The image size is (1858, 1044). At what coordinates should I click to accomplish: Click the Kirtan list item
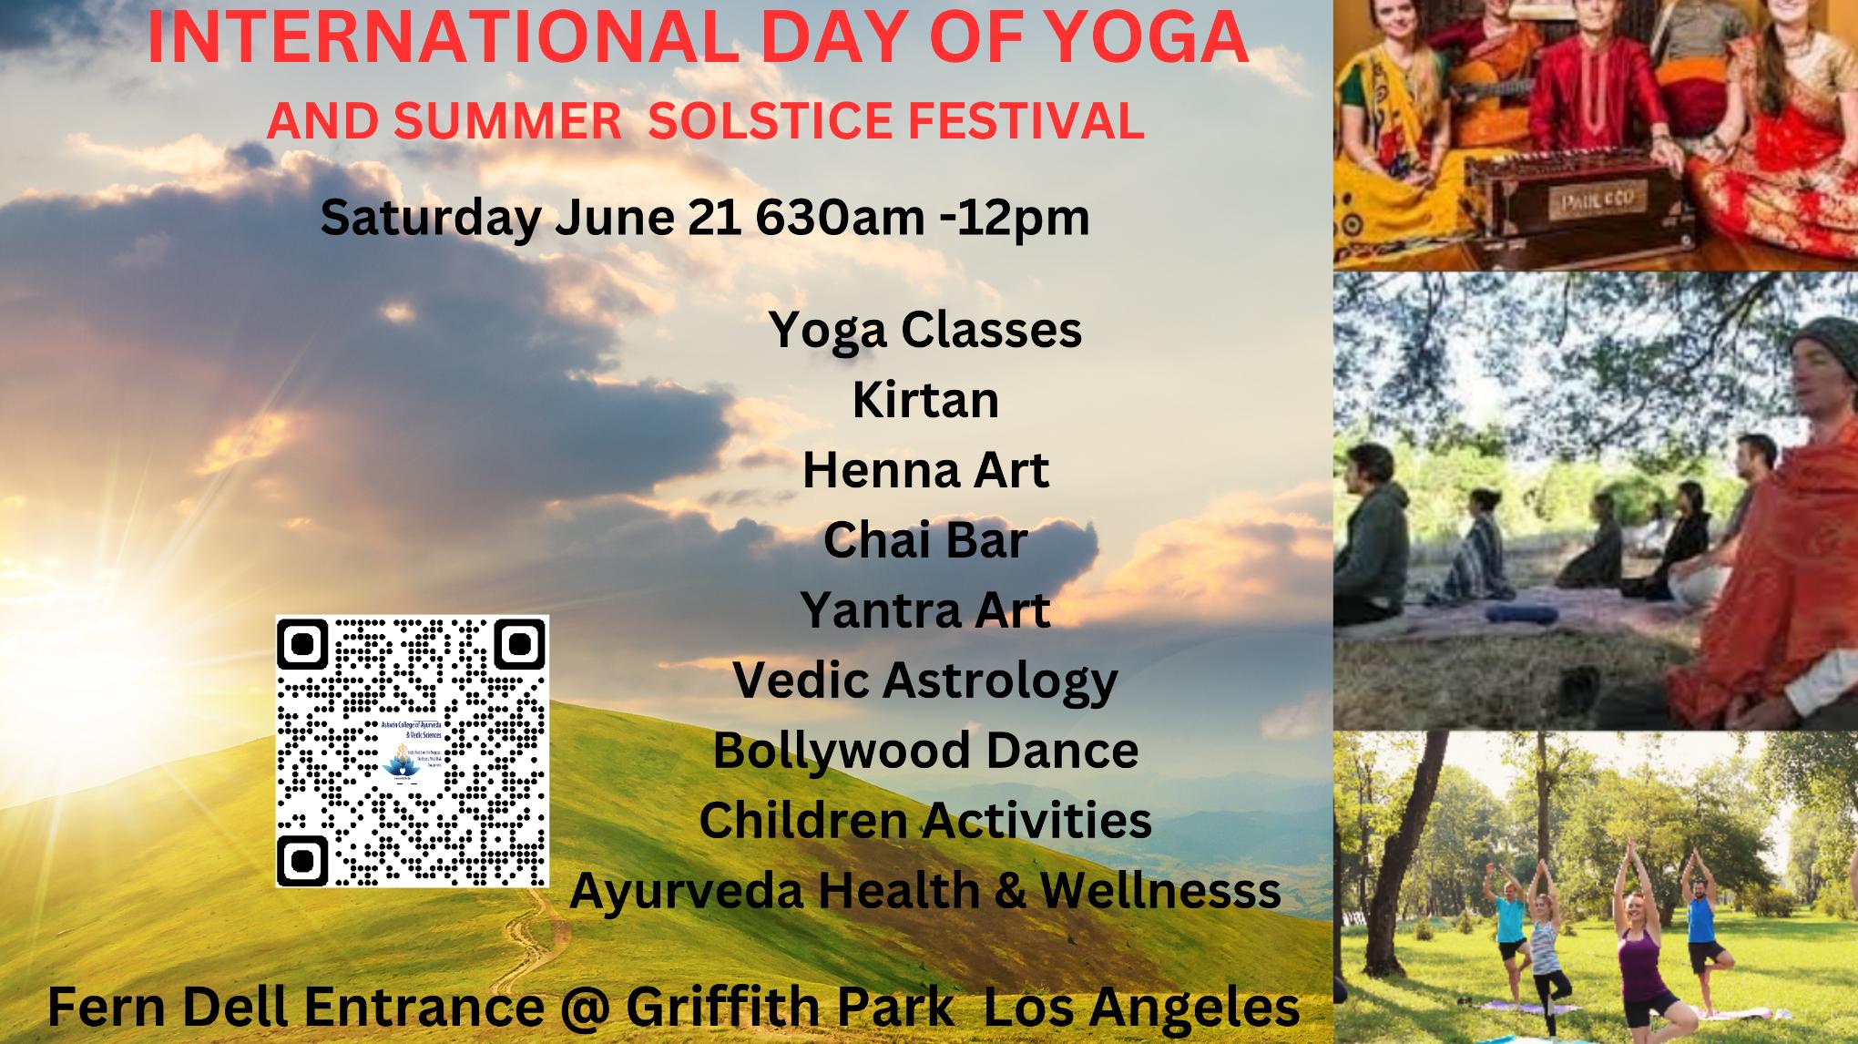[x=925, y=400]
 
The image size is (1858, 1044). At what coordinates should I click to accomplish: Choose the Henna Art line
[x=925, y=470]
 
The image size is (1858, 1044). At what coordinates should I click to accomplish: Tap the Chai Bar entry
[x=925, y=540]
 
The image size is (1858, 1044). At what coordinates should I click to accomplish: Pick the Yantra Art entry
[x=925, y=610]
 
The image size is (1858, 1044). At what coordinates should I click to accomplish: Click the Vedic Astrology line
[x=925, y=681]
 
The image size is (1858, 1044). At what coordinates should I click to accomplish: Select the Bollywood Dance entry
[x=925, y=751]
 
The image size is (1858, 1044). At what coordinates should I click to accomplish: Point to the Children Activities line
[x=925, y=820]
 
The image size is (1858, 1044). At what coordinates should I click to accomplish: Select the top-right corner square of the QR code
[x=519, y=645]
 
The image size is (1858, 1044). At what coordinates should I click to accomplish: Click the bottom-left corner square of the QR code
[x=304, y=858]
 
